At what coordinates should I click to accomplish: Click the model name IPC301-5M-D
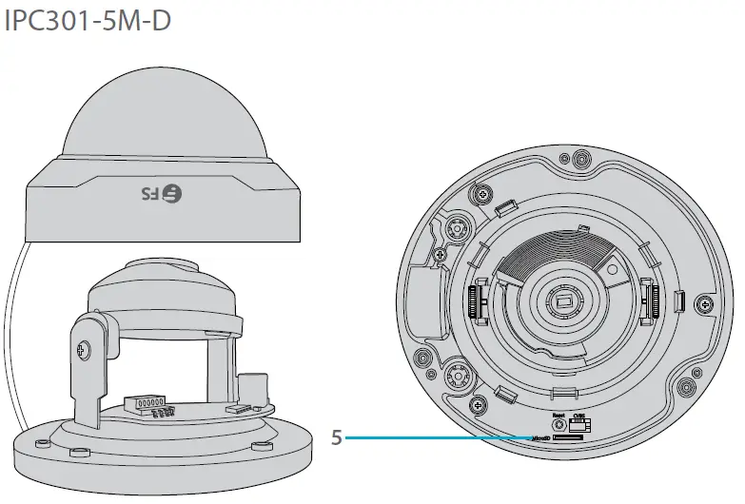tap(88, 21)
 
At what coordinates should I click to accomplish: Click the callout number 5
tap(336, 438)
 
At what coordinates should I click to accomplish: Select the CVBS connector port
tap(579, 426)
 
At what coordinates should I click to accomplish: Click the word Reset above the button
tap(559, 415)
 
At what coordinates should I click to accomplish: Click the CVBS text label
tap(580, 415)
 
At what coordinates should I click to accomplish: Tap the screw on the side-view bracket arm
tap(85, 349)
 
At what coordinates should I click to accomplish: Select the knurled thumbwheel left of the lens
tap(479, 300)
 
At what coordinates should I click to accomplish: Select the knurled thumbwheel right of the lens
tap(653, 300)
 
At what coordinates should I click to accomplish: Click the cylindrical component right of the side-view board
tap(253, 390)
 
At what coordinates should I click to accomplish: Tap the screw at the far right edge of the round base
tap(704, 304)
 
